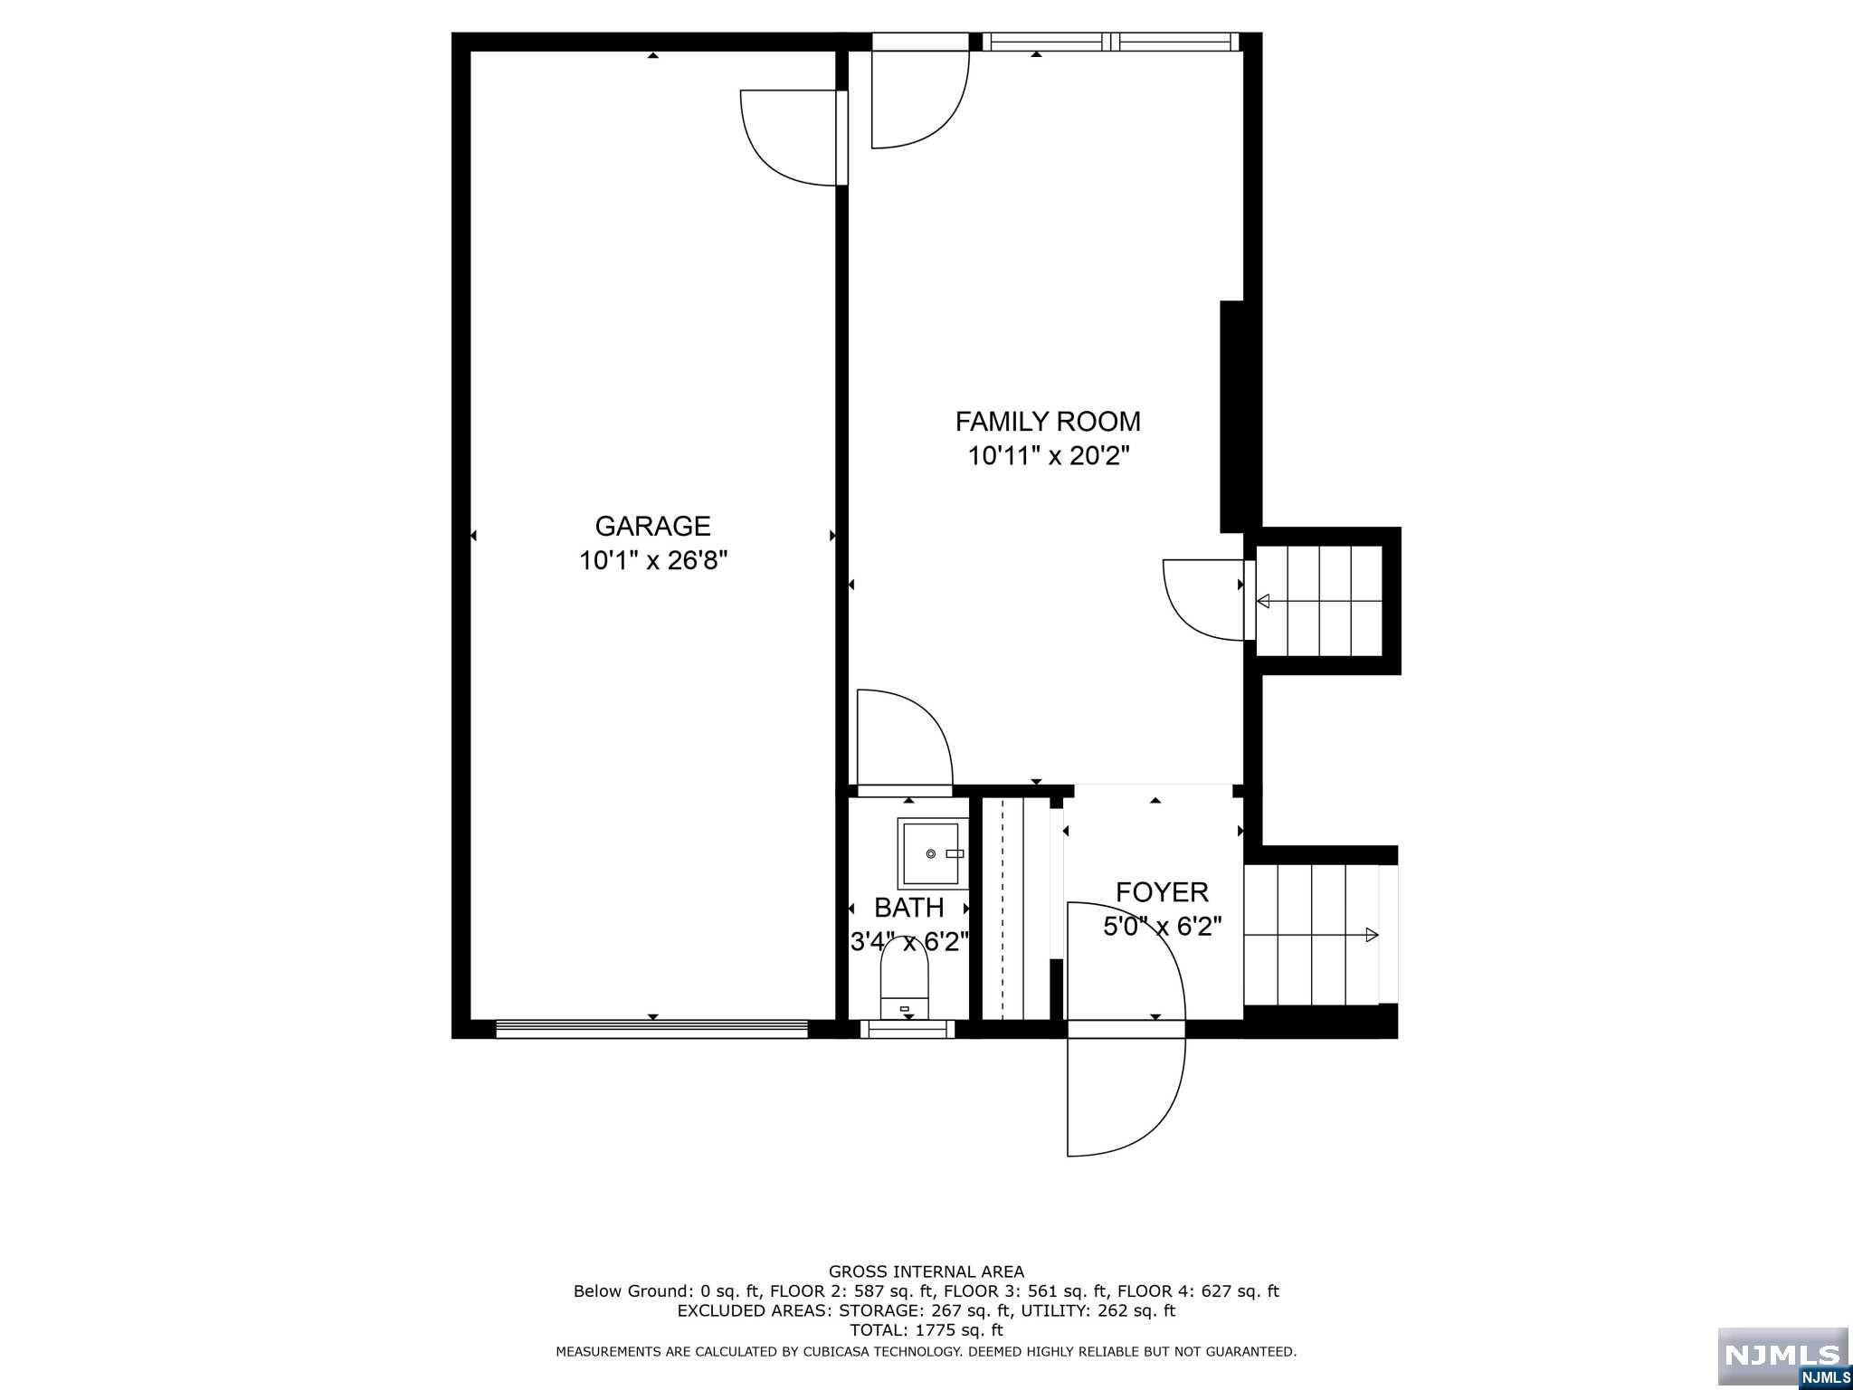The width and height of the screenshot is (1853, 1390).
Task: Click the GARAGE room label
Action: point(652,526)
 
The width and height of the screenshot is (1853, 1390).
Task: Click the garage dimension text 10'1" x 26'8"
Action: point(653,561)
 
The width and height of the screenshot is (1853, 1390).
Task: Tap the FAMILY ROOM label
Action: point(1048,422)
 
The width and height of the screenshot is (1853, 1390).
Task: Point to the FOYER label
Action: point(1162,892)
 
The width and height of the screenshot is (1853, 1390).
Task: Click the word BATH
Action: point(908,908)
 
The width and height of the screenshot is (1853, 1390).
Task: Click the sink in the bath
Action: point(929,853)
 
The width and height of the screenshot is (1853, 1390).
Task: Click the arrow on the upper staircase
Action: point(1264,601)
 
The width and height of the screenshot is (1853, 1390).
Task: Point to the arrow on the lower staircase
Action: point(1372,935)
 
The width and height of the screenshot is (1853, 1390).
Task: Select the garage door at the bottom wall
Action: point(651,1028)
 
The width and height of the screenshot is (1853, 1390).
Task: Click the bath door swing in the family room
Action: point(905,738)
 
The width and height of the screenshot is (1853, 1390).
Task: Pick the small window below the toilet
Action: point(907,1029)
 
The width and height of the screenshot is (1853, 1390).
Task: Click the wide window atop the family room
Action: point(1110,42)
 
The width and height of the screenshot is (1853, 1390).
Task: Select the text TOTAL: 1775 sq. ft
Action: point(926,1330)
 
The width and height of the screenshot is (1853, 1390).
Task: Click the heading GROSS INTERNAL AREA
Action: point(926,1271)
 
